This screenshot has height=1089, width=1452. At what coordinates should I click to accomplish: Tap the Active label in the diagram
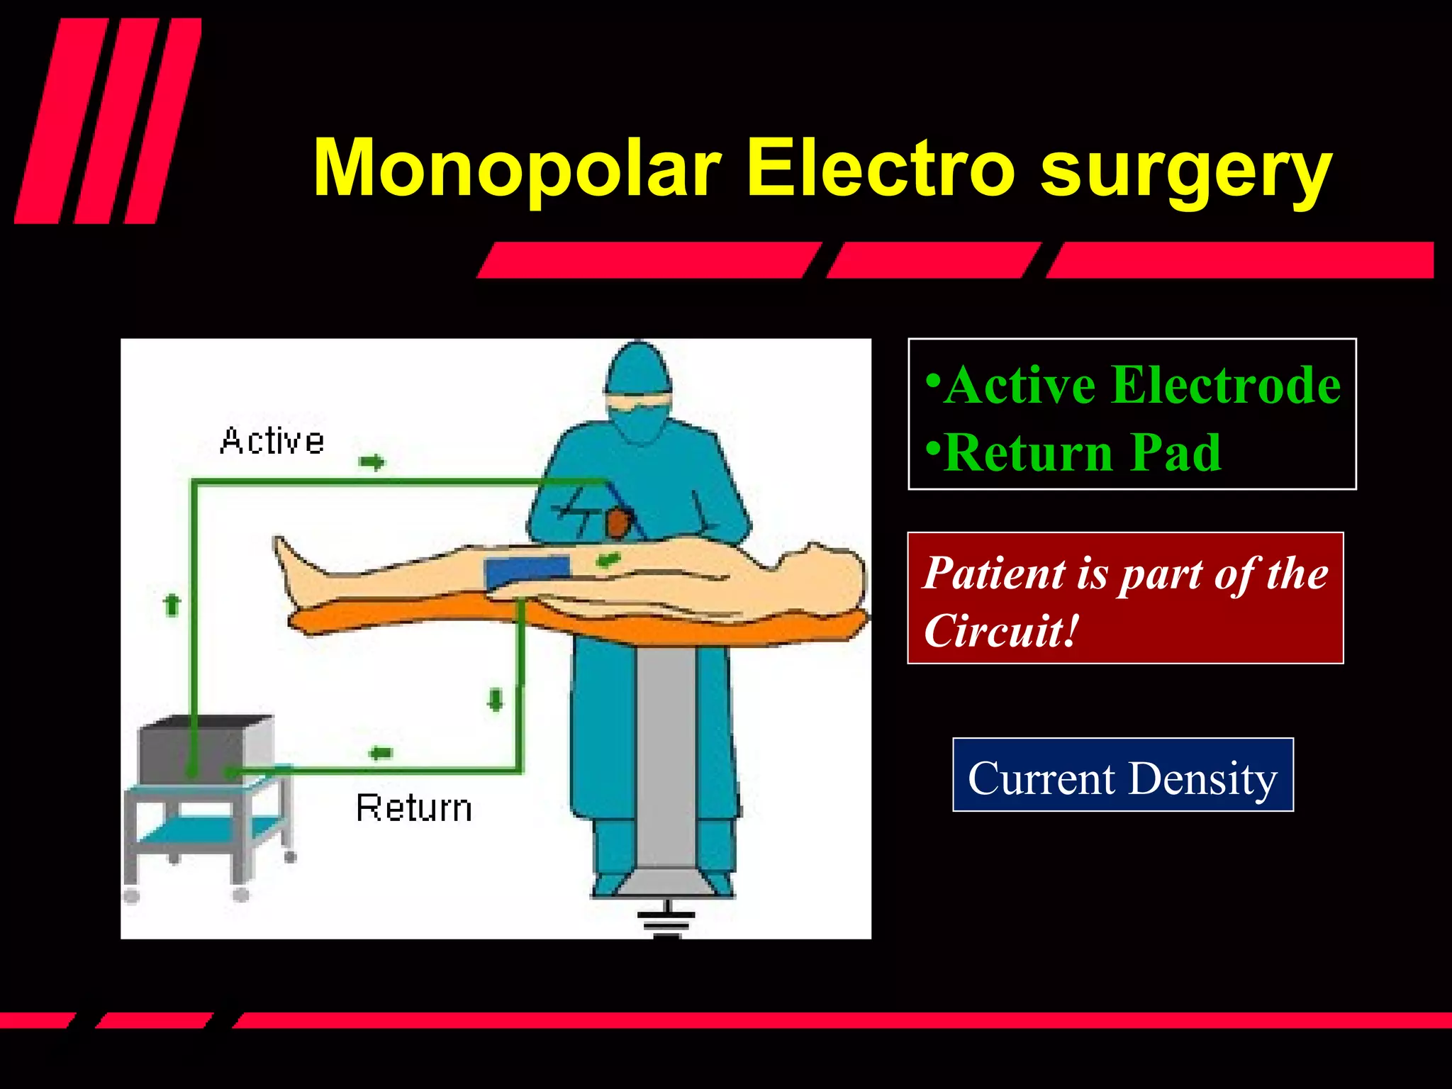(x=272, y=441)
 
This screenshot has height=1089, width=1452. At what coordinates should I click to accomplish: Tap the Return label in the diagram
(x=414, y=808)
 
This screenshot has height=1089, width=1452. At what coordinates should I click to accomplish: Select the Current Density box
(x=1122, y=775)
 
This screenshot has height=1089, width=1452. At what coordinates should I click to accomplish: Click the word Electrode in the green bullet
(x=1226, y=385)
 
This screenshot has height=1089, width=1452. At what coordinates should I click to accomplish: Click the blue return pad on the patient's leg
(x=527, y=571)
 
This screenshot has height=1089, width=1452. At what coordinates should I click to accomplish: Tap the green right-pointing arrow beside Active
(x=372, y=463)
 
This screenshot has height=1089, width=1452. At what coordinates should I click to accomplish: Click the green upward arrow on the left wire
(x=172, y=605)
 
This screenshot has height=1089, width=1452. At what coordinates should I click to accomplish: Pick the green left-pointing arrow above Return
(x=381, y=753)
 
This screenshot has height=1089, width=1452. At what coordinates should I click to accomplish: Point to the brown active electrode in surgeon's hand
(x=618, y=523)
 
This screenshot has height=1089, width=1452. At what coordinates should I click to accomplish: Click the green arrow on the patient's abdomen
(x=608, y=560)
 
